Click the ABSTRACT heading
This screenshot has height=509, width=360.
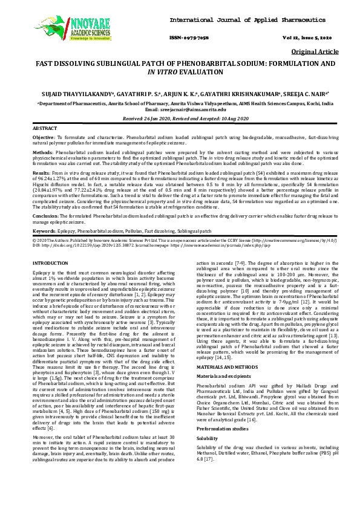tap(44, 129)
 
